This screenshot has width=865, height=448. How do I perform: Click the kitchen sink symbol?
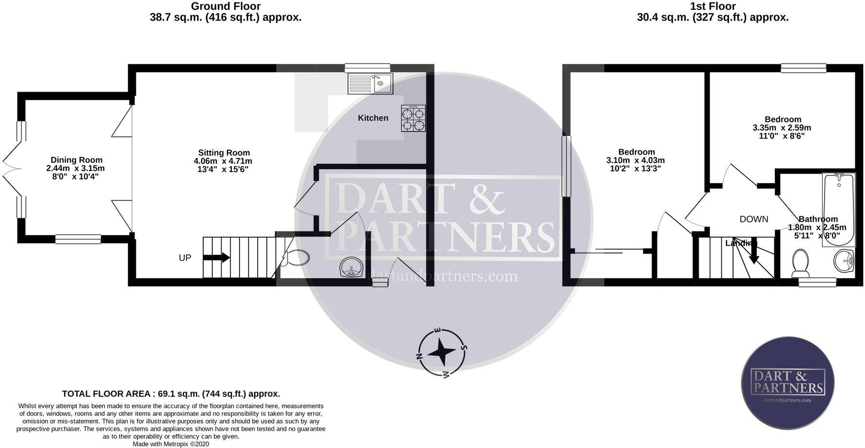[x=370, y=84]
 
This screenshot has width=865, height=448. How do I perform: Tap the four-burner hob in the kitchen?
[x=413, y=118]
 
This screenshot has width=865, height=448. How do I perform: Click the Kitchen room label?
[x=373, y=118]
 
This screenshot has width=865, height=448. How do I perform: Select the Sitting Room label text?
[x=224, y=153]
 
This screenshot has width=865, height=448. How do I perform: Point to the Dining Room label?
[x=76, y=160]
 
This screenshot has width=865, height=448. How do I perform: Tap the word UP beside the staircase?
[x=185, y=258]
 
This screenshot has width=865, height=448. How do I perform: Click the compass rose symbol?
[x=442, y=352]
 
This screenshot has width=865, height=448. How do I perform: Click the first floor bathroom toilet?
[x=800, y=263]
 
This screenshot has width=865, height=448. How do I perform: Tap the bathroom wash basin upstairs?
[x=844, y=261]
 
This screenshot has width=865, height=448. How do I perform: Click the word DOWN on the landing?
[x=753, y=219]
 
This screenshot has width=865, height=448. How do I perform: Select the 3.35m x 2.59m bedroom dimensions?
[x=782, y=128]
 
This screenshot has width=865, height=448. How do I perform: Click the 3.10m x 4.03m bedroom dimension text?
[x=635, y=160]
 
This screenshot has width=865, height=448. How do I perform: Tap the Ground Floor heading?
[x=226, y=6]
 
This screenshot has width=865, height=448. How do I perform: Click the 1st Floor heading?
[x=713, y=6]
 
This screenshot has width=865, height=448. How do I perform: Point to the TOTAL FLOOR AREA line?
[x=171, y=394]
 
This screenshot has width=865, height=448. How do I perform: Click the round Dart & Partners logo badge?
[x=788, y=383]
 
